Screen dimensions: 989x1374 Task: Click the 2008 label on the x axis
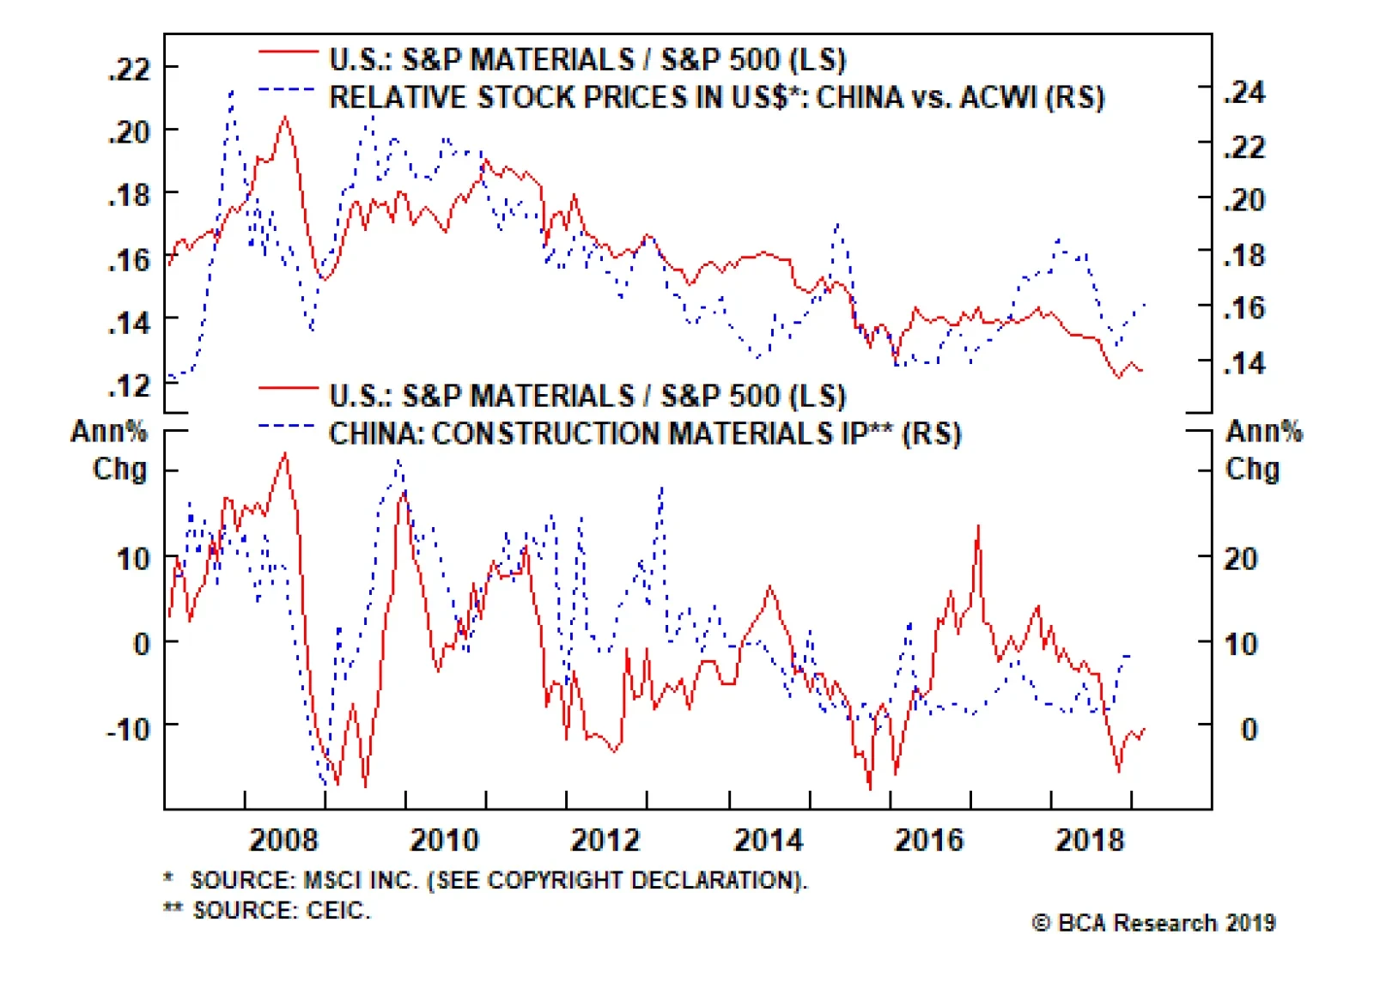283,839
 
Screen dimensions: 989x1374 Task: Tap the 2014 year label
768,839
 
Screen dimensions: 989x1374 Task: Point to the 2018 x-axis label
1089,839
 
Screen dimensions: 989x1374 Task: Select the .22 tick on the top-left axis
129,69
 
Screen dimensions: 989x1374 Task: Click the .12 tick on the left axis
129,385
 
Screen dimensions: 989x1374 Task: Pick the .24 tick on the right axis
1244,92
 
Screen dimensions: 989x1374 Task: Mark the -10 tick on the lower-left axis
128,729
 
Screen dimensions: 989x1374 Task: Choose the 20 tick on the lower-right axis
1240,559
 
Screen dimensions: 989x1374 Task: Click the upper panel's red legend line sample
288,53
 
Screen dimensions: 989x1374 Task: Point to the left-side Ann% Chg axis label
110,450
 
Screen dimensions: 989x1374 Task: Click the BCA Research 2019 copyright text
1153,923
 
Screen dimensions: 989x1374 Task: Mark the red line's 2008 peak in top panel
285,118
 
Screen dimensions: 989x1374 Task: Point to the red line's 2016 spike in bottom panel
978,525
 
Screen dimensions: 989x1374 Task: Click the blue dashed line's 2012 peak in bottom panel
662,487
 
